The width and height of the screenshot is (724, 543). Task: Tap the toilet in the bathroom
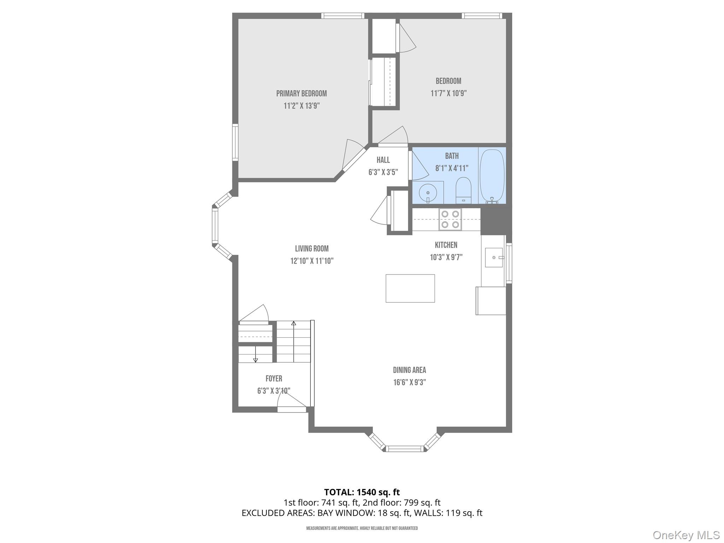[x=463, y=190]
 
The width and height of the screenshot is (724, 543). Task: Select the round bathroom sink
[x=428, y=193]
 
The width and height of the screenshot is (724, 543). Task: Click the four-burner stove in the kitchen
[x=450, y=219]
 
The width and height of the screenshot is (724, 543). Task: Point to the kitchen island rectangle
[x=410, y=288]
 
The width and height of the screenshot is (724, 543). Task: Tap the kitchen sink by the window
[x=494, y=257]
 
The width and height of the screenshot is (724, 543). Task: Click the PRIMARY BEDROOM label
[x=301, y=94]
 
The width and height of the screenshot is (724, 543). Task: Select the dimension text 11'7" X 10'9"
[x=448, y=93]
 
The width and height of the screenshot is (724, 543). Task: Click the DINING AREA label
[x=409, y=370]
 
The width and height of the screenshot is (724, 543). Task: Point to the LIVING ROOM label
[x=312, y=249]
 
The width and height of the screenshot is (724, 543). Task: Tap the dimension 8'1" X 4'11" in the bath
[x=451, y=168]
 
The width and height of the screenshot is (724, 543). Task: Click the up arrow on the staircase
[x=293, y=323]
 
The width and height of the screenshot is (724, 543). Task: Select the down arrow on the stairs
[x=255, y=360]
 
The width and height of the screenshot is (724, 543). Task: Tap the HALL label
[x=383, y=160]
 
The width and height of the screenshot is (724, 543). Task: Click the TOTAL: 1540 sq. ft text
[x=362, y=492]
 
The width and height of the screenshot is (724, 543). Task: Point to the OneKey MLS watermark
[x=686, y=535]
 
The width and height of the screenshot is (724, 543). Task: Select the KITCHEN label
[x=446, y=245]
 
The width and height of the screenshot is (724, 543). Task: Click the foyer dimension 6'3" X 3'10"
[x=274, y=391]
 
